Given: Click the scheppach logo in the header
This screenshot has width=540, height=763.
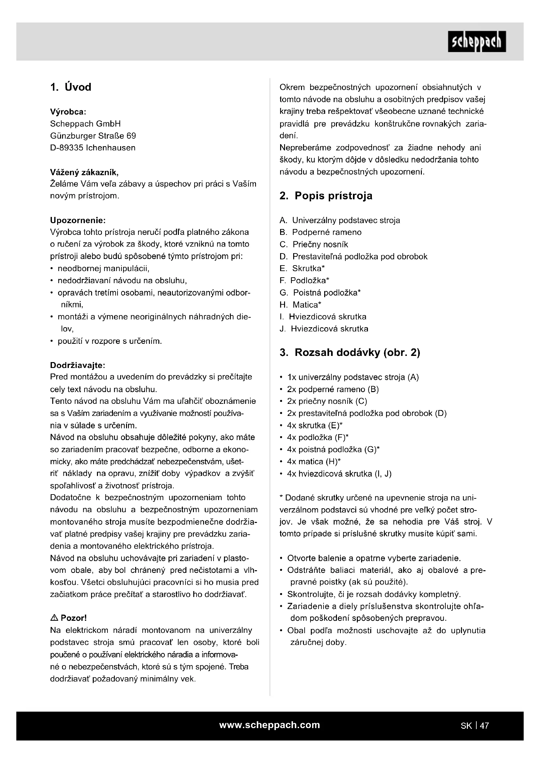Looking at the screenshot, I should (x=476, y=41).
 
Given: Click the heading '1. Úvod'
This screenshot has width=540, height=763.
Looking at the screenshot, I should (x=71, y=87).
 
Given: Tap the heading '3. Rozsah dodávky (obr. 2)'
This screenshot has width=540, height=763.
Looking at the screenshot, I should (x=349, y=352).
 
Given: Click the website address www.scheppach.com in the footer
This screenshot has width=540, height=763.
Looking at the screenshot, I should (x=269, y=725).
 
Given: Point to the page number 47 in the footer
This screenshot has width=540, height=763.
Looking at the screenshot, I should (x=484, y=725).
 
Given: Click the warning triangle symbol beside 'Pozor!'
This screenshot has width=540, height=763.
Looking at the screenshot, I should (x=54, y=618).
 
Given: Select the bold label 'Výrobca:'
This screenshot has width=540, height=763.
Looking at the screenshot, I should (x=68, y=112).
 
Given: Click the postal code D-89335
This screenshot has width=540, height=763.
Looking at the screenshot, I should (x=67, y=148).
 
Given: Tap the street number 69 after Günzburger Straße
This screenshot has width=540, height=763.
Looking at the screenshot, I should (x=131, y=136).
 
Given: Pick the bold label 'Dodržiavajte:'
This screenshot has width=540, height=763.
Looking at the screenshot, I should (x=77, y=365).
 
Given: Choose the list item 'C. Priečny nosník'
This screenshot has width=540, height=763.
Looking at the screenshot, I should (x=314, y=244).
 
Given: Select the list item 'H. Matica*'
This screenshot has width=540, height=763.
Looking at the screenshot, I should (x=301, y=304).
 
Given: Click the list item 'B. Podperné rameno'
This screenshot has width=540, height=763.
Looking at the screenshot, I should (x=321, y=232).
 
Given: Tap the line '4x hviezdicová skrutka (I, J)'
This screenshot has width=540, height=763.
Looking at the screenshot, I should (x=339, y=474).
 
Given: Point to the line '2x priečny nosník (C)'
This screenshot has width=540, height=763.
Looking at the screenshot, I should (x=327, y=401).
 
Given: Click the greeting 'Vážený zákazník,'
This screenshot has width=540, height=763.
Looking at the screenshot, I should (x=84, y=172).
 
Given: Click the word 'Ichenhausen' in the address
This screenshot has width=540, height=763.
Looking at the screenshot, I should (x=110, y=148).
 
